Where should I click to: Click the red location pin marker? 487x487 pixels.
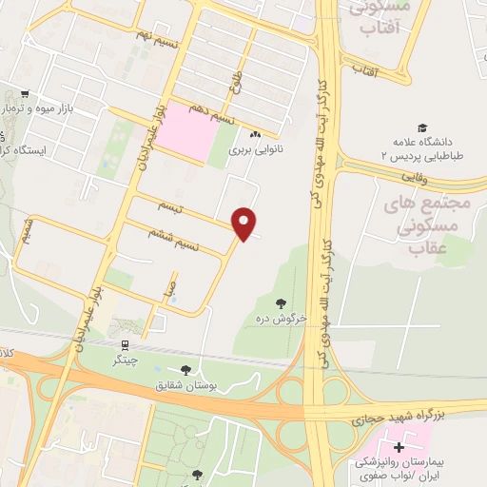(246, 223)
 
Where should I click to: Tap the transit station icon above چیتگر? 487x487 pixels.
(125, 345)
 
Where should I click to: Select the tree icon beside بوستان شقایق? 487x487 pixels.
(185, 370)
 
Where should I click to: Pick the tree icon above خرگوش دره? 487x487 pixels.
(282, 303)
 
